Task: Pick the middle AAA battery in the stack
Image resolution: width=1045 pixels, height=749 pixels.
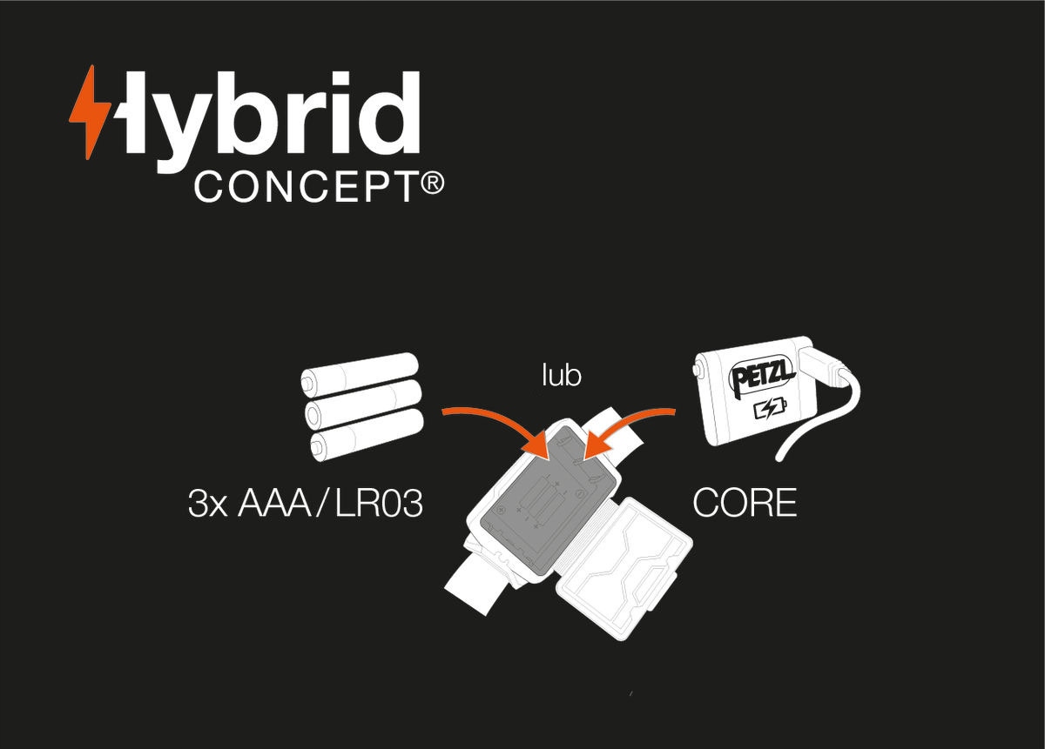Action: [363, 405]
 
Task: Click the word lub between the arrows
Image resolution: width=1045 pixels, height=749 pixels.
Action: [561, 376]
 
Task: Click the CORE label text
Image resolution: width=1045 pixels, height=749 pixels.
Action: [745, 503]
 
